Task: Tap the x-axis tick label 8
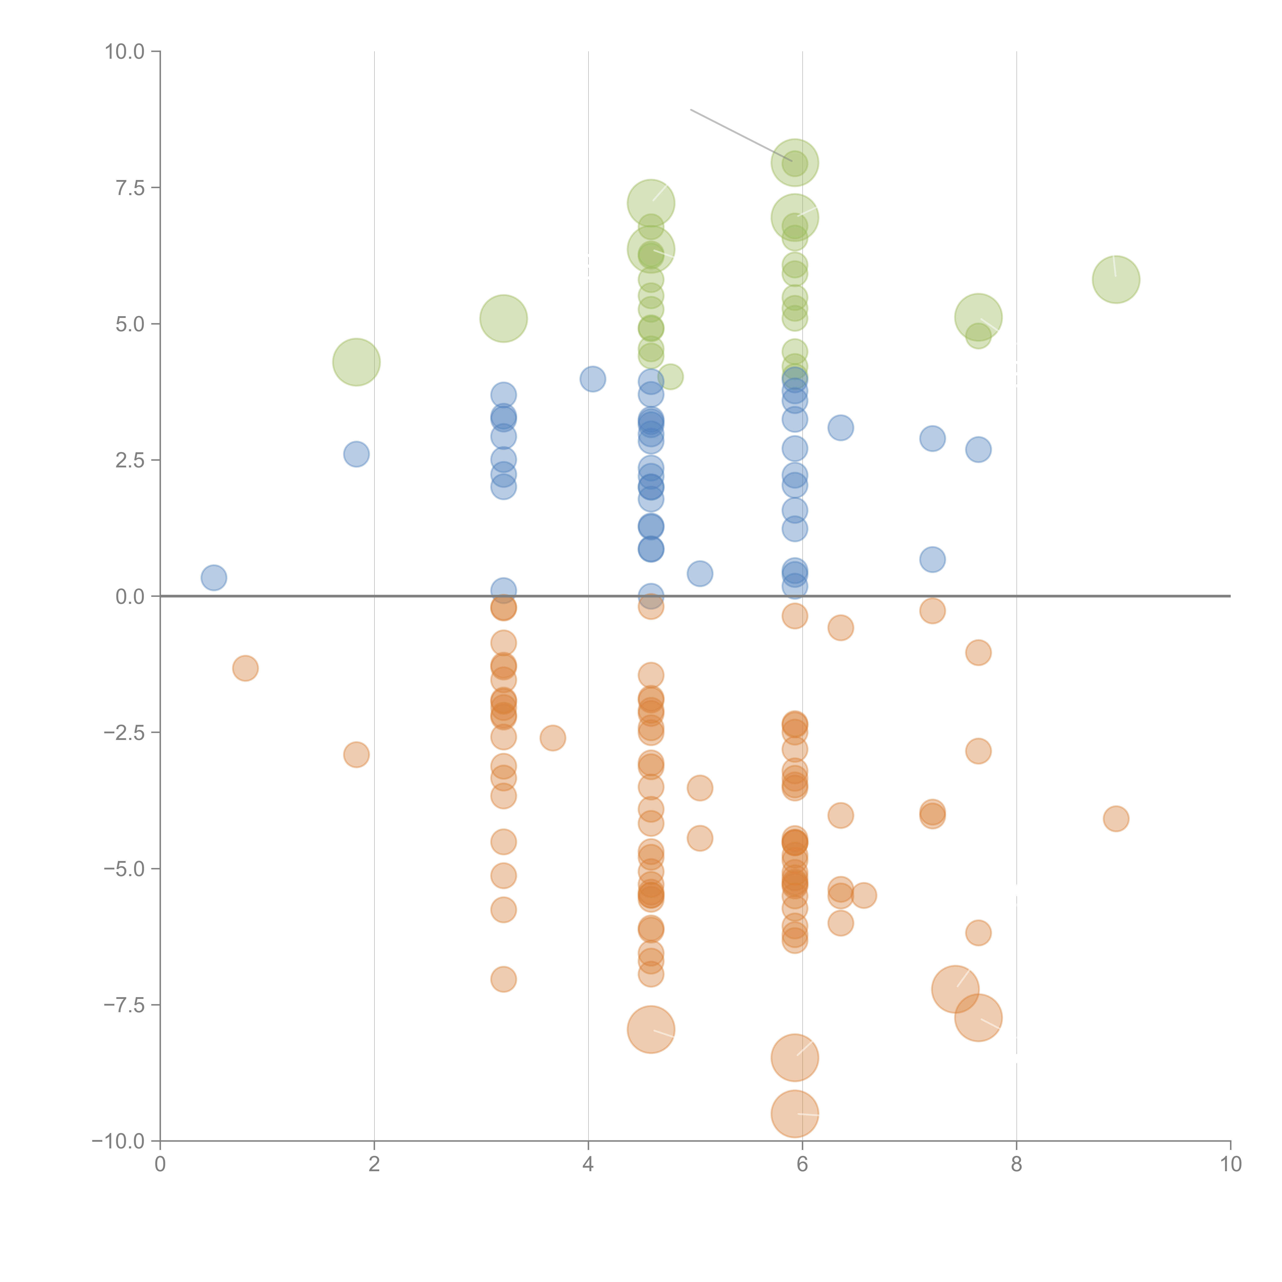tap(1017, 1165)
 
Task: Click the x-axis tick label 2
tap(374, 1165)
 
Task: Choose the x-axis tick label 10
tap(1230, 1165)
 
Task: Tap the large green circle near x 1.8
tap(356, 362)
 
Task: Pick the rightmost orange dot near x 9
tap(1116, 819)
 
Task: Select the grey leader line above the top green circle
tap(740, 135)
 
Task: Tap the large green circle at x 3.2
tap(504, 318)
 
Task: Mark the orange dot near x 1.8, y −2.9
tap(356, 755)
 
